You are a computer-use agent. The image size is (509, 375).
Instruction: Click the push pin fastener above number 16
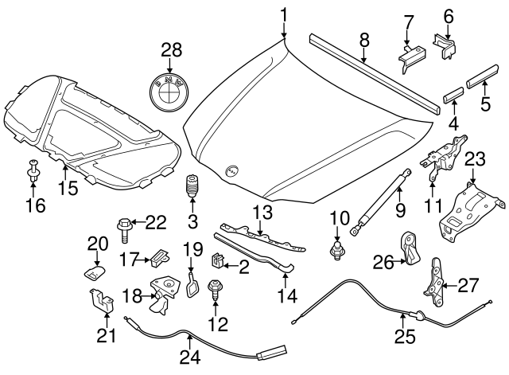pyautogui.click(x=34, y=171)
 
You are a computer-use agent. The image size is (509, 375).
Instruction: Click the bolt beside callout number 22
pyautogui.click(x=125, y=229)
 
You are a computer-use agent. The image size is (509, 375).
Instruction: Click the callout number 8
pyautogui.click(x=363, y=37)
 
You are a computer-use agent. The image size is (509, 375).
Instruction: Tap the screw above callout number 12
pyautogui.click(x=214, y=289)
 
